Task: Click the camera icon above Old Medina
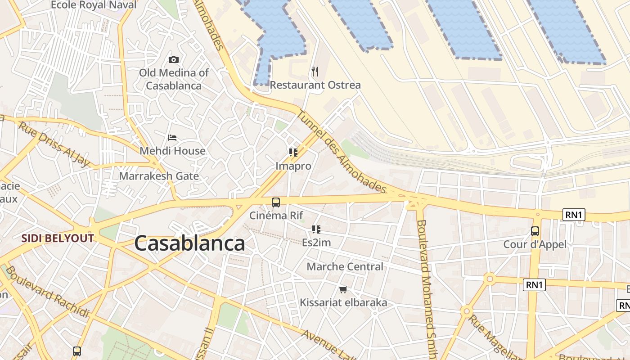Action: click(173, 59)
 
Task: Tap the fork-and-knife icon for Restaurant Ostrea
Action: click(315, 71)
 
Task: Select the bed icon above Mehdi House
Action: click(172, 137)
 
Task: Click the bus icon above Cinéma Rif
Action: click(276, 202)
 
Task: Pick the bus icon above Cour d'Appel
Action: click(535, 231)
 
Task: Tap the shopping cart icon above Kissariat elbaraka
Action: click(343, 289)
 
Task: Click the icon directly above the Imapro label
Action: click(293, 153)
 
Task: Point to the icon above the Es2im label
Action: click(316, 229)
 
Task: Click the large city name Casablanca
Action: click(189, 243)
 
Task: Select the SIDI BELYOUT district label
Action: click(58, 238)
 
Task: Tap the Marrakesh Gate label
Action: click(159, 176)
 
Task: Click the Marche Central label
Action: click(345, 266)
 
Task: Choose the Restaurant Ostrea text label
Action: click(315, 85)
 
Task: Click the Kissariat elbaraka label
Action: click(343, 302)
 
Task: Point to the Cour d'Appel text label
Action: click(535, 244)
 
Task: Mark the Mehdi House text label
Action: click(172, 151)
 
